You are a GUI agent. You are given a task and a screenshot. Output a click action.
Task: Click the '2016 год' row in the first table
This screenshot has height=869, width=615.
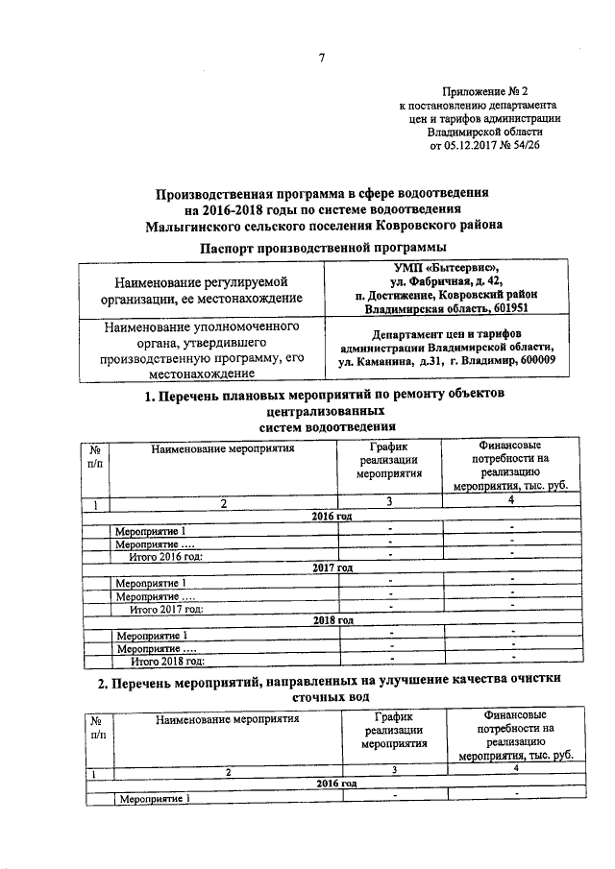[x=332, y=517]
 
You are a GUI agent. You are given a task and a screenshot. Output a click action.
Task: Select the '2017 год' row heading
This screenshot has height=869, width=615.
[x=332, y=568]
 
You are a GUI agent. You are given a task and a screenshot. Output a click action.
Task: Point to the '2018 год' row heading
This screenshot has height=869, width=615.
[x=332, y=620]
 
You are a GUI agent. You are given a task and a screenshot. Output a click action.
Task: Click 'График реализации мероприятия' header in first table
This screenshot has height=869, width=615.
[x=389, y=460]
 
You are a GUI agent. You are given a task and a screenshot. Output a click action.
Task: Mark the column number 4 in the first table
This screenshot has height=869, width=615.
[x=511, y=502]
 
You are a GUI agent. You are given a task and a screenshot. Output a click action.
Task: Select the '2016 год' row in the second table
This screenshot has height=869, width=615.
[x=332, y=785]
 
